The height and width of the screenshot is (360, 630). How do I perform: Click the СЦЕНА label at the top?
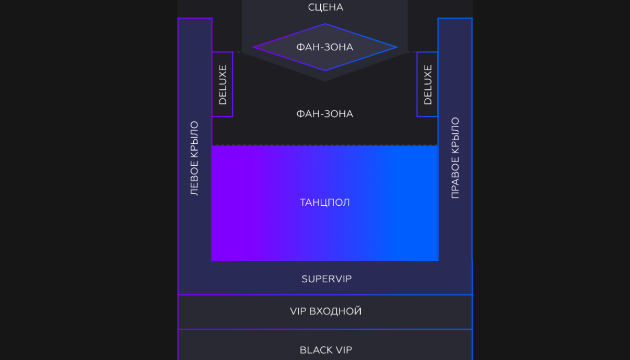coord(325,7)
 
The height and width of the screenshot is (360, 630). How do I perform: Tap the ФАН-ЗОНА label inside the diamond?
coord(325,47)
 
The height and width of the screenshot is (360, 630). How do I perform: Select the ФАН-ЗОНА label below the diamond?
coord(325,114)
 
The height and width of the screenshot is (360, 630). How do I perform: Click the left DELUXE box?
coord(223,84)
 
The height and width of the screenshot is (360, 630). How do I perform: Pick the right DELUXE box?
coord(427,84)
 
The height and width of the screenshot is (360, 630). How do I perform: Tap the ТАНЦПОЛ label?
coord(325,203)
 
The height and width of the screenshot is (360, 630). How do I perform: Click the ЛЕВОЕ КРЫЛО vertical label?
coord(195,158)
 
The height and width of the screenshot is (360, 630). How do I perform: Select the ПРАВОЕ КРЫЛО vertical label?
coord(455,158)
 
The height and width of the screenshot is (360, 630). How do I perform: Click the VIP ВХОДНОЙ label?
coord(325,312)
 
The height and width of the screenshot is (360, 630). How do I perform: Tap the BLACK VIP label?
coord(325,350)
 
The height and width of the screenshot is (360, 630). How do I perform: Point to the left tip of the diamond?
coord(254,47)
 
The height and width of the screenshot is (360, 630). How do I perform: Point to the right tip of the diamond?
coord(396,47)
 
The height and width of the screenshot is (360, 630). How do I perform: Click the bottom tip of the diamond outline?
coord(325,70)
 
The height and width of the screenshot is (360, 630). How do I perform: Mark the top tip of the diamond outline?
coord(325,24)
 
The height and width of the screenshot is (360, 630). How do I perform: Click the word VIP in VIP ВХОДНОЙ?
coord(298,312)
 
